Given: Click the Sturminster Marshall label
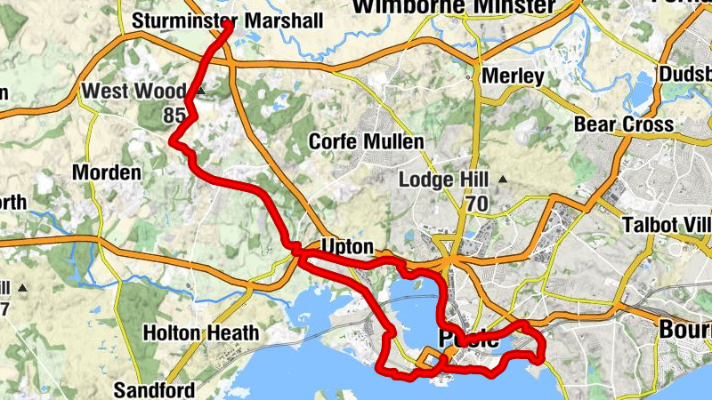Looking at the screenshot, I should point(226,20).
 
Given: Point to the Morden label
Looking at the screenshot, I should point(106,172).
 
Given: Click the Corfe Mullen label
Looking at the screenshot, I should point(366,141).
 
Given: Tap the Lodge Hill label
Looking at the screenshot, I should point(444,180).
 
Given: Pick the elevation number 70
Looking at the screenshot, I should point(476,204).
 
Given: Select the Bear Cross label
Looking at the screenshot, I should point(623,124).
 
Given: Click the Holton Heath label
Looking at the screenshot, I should point(201,333).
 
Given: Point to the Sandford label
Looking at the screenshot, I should point(155,389).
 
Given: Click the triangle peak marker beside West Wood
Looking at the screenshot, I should point(201,91).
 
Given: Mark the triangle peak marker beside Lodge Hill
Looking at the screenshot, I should point(502,180).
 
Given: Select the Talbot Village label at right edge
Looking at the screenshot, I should point(667,223).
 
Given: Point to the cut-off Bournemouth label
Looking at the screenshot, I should point(684,330).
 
